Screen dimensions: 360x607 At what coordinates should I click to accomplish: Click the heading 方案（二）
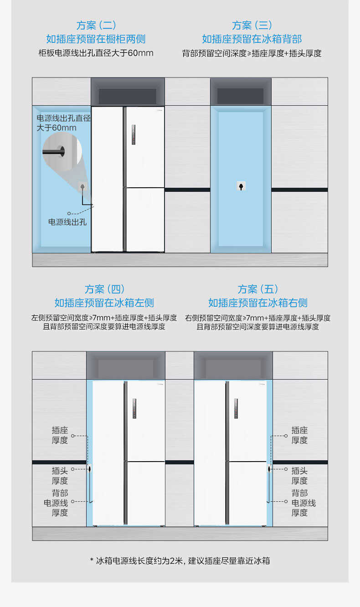[96, 25]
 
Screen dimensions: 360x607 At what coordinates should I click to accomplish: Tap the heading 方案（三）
[252, 25]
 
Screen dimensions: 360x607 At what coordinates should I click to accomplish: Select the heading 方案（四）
[104, 289]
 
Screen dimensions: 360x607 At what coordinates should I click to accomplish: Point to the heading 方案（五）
[257, 289]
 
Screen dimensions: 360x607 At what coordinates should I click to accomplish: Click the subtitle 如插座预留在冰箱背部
[252, 39]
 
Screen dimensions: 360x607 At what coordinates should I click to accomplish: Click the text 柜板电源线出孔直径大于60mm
[96, 53]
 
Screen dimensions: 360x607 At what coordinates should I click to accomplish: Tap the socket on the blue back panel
[241, 186]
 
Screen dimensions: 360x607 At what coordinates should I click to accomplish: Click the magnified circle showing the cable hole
[62, 151]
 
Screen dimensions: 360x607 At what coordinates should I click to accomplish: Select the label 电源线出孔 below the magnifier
[67, 222]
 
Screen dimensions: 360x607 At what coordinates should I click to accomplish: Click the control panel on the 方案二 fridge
[134, 135]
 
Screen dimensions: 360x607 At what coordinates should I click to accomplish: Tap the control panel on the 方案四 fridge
[134, 409]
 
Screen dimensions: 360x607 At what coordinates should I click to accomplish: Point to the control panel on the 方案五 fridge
[236, 409]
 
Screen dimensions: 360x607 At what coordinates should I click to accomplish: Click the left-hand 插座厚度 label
[60, 435]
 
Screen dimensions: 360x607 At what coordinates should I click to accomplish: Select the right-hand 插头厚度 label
[299, 476]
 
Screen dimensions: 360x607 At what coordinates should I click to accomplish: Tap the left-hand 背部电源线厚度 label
[56, 503]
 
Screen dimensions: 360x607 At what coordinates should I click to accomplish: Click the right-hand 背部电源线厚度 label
[303, 503]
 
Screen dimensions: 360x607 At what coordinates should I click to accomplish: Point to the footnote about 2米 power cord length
[180, 561]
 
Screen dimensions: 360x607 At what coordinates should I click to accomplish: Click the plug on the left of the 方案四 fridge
[90, 469]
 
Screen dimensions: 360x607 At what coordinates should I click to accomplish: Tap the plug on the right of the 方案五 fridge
[269, 469]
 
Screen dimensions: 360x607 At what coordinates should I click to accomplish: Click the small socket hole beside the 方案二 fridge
[82, 187]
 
